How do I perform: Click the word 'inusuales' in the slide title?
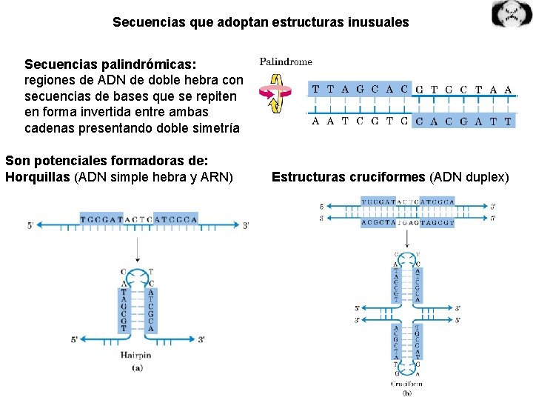[x=378, y=22]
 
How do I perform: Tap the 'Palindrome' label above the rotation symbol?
[x=286, y=62]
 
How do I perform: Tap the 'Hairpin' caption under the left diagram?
[x=135, y=356]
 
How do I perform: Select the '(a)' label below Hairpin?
[x=137, y=367]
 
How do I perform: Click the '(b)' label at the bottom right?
[x=408, y=393]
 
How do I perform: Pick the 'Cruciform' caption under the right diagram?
[x=407, y=384]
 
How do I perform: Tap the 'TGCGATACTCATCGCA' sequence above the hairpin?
[x=139, y=219]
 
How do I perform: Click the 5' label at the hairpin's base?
[x=75, y=339]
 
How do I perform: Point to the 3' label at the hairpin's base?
[x=201, y=339]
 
